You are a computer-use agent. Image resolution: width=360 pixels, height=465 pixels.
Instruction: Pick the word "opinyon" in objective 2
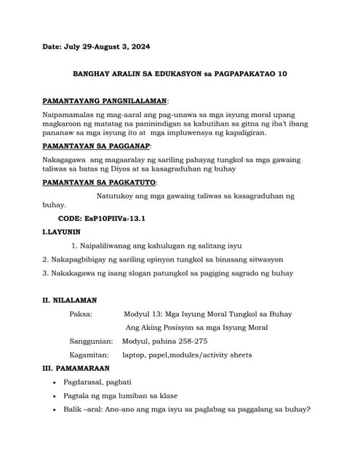[179, 259]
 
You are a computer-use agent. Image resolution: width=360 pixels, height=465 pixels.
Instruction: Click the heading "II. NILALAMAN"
[70, 300]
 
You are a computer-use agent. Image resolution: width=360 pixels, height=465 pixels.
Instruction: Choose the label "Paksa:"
[81, 314]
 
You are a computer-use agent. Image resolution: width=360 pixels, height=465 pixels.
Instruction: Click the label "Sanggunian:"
[91, 341]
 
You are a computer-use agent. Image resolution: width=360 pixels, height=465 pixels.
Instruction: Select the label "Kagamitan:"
[89, 355]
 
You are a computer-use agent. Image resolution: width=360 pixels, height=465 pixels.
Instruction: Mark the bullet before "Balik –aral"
[56, 410]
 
